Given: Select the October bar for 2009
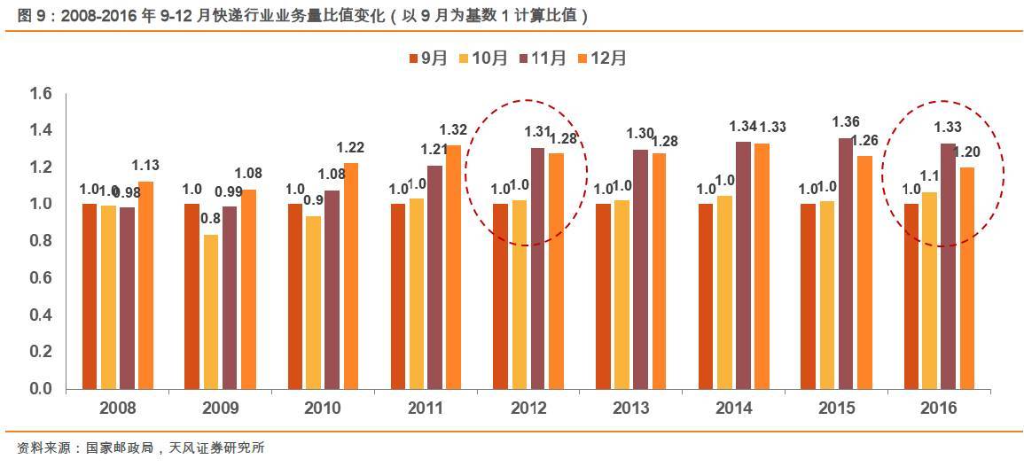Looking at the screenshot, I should [x=210, y=311].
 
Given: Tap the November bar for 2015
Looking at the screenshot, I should [x=845, y=263].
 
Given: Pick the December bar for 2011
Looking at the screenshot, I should [x=453, y=267].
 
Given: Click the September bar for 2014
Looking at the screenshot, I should [x=706, y=296].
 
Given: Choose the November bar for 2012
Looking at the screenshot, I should [x=537, y=269].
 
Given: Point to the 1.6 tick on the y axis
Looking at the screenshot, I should [x=42, y=94].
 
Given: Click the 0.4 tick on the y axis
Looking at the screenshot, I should [x=42, y=315].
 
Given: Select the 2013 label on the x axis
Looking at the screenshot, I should [x=630, y=409].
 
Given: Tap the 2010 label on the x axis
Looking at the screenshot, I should [x=323, y=409].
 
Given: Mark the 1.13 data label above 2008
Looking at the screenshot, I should [x=146, y=164].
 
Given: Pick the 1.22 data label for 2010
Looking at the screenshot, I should [x=351, y=147].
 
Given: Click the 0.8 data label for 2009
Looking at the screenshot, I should [x=211, y=218].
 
